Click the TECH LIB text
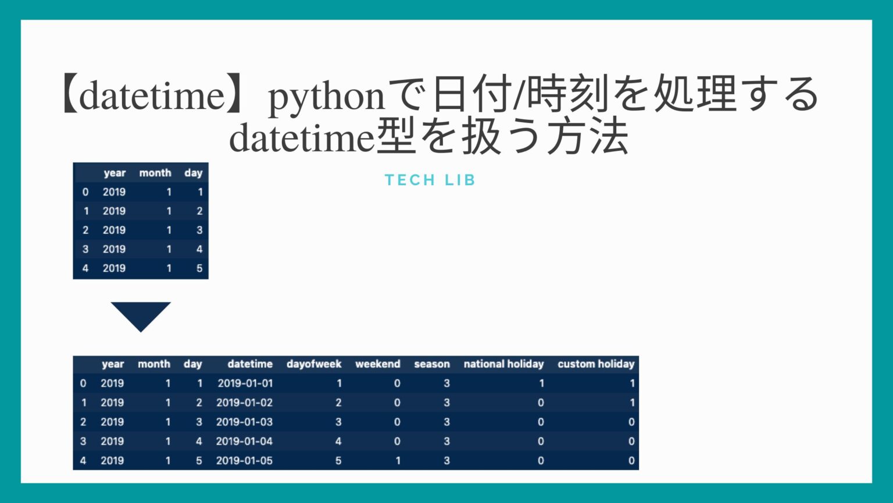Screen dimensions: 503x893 click(430, 180)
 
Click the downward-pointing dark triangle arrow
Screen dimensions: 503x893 click(141, 314)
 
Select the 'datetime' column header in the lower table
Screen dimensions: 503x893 click(250, 364)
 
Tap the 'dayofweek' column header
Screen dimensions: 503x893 click(314, 364)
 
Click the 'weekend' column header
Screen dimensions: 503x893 click(378, 364)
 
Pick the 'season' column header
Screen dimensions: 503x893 click(432, 364)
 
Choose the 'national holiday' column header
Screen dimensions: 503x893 click(503, 364)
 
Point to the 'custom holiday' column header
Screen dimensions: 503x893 click(596, 364)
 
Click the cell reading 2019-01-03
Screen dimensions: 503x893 click(244, 422)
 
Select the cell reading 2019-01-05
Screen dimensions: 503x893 click(244, 461)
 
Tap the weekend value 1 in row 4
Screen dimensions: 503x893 click(398, 461)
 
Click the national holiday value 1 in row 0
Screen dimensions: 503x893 click(541, 383)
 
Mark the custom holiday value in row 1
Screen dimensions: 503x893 click(632, 402)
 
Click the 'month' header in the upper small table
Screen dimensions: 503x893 click(155, 173)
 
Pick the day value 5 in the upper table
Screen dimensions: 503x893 click(199, 268)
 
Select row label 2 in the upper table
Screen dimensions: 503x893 click(85, 230)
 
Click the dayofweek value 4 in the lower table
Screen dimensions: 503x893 click(338, 441)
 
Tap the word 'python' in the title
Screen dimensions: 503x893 click(326, 97)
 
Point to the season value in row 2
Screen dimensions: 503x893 click(446, 422)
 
